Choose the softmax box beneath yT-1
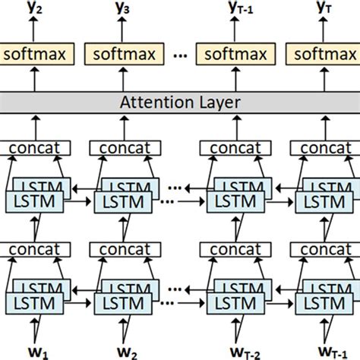coord(231,55)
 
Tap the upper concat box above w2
coord(123,149)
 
